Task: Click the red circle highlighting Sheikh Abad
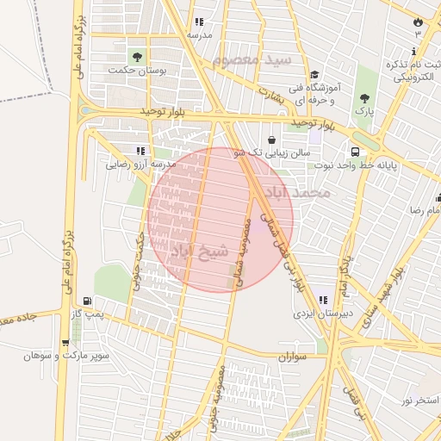(x=220, y=219)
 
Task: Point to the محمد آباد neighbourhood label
(x=307, y=192)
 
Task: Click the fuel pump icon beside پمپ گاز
(x=87, y=301)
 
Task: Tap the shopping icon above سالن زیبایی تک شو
(x=272, y=139)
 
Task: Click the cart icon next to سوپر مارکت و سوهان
(x=65, y=342)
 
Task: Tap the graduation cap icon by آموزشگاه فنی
(x=314, y=75)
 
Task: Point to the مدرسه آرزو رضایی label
(x=141, y=164)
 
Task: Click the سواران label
(x=294, y=355)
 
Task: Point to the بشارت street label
(x=270, y=95)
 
